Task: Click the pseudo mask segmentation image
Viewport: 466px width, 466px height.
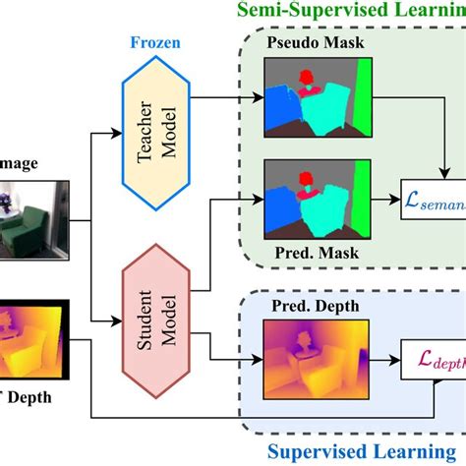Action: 318,96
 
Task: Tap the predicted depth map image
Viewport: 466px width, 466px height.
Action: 317,355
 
